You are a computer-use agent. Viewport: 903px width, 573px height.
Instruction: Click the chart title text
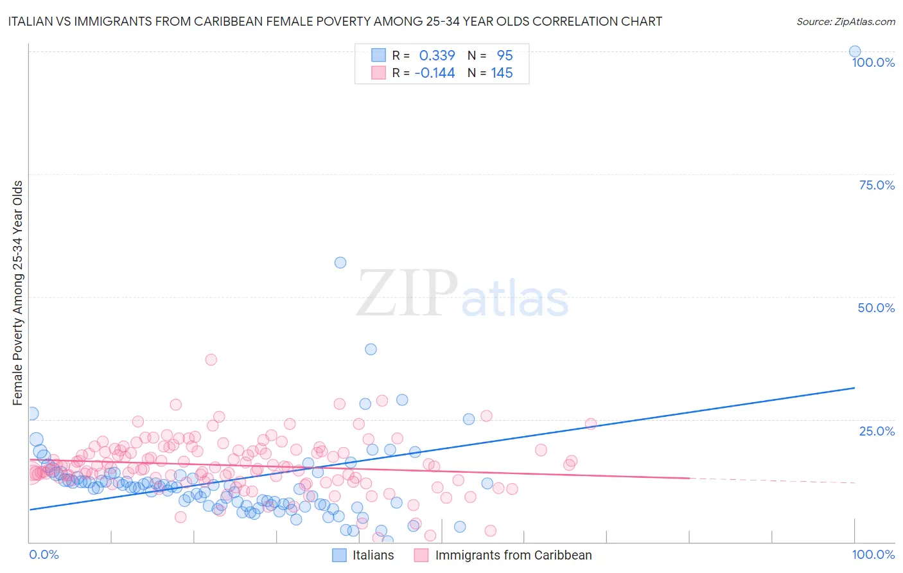click(335, 21)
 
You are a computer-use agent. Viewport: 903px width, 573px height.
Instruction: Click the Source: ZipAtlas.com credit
click(845, 21)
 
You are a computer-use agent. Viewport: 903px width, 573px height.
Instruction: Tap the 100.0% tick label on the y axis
click(873, 62)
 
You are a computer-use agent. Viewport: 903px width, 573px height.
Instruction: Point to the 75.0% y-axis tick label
click(877, 185)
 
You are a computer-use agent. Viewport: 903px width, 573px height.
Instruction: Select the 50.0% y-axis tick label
click(876, 308)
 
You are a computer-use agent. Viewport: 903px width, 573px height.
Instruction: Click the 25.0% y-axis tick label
click(877, 431)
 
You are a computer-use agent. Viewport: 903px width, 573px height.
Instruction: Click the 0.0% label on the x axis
click(44, 554)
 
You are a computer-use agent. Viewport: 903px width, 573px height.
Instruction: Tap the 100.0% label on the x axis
click(873, 554)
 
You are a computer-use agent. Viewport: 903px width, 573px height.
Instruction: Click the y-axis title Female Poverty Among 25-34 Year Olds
click(18, 293)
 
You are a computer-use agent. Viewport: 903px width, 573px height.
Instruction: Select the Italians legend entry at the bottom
click(373, 555)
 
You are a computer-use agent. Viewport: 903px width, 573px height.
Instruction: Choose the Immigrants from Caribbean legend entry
click(513, 555)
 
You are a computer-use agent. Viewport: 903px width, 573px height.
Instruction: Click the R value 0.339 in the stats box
click(437, 56)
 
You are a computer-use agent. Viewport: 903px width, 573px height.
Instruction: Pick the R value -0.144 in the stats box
click(435, 73)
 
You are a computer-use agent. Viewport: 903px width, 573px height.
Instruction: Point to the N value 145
click(502, 73)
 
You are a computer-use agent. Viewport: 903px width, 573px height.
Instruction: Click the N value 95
click(505, 56)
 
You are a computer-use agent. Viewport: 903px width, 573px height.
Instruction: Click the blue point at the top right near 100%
click(855, 51)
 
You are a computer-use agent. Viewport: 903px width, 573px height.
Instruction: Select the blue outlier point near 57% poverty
click(340, 262)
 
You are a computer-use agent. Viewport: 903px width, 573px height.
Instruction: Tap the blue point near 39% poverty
click(371, 349)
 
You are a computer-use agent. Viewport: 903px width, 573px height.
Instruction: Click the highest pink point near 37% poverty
click(211, 360)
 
